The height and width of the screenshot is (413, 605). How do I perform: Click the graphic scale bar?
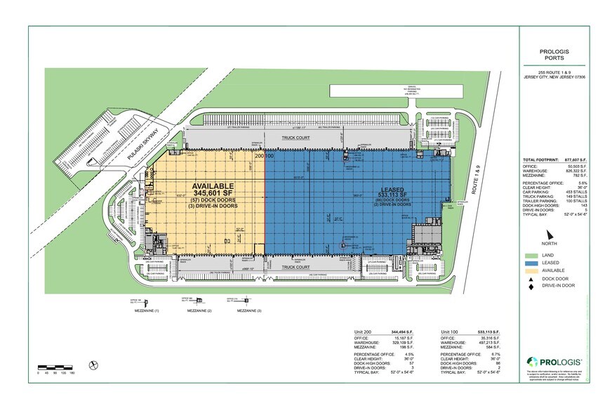click(x=56, y=367)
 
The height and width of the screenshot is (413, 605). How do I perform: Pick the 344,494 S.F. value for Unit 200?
click(x=406, y=331)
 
